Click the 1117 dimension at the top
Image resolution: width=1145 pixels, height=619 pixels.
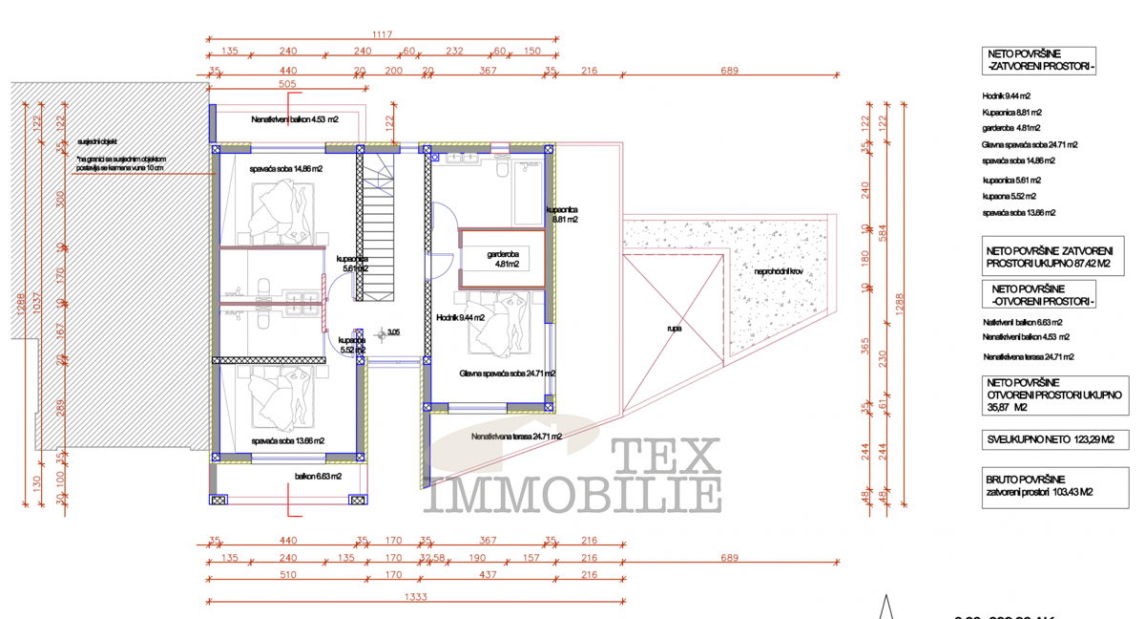[x=382, y=34]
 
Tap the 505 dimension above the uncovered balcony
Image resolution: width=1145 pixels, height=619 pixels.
[x=286, y=84]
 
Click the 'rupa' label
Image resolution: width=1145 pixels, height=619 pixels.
[x=674, y=328]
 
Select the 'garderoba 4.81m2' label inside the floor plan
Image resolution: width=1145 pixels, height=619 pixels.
[x=503, y=259]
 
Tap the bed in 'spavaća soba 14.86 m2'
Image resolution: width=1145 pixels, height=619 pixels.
[x=282, y=210]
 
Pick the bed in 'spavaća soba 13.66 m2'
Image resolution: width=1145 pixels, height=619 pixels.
[x=282, y=401]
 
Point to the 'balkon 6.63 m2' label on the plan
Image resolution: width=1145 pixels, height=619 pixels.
[x=318, y=475]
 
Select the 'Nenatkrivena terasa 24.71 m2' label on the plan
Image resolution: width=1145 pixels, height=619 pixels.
[x=516, y=437]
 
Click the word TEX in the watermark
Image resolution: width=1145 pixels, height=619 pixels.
[x=664, y=457]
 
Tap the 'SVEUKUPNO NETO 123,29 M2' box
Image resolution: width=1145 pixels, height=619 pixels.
[x=1054, y=440]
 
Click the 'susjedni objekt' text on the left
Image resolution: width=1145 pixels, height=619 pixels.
[x=97, y=140]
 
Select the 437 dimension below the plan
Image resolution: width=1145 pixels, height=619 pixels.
[x=488, y=575]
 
